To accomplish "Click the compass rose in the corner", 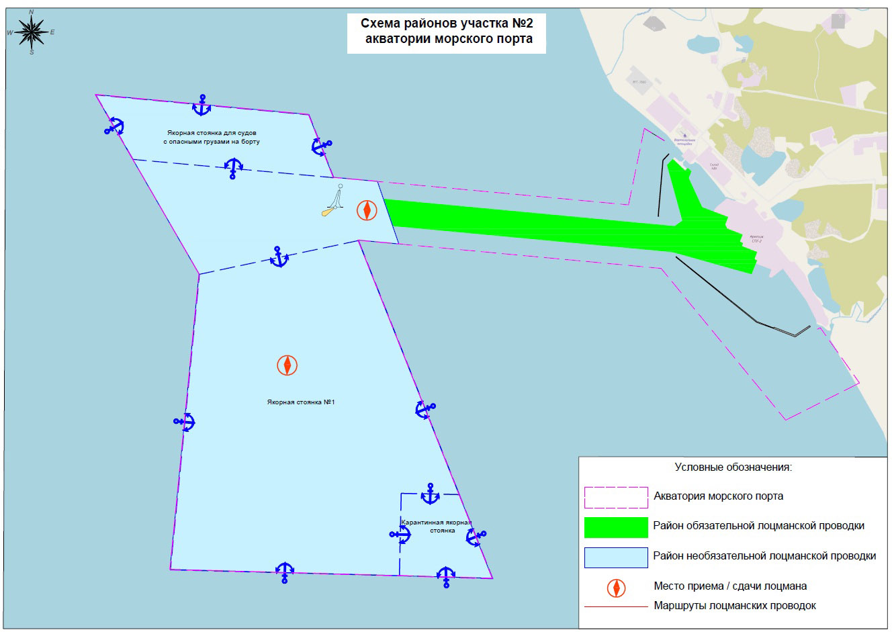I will click(x=32, y=32).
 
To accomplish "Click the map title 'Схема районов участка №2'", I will click(x=447, y=24).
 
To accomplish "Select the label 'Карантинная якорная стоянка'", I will click(x=437, y=526).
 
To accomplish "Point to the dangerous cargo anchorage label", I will click(x=211, y=138).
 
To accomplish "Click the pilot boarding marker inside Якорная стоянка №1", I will click(x=287, y=365).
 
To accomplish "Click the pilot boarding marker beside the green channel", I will click(x=367, y=210).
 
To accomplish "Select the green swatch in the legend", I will click(x=616, y=527).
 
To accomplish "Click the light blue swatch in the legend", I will click(x=616, y=557).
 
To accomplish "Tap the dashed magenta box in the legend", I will click(x=616, y=497).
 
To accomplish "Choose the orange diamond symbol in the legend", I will click(x=616, y=588).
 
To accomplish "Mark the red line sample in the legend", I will click(x=616, y=607).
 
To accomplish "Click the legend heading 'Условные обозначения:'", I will click(x=733, y=467).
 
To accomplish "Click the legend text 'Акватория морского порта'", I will click(x=718, y=497).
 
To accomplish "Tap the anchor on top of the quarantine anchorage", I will click(x=430, y=494).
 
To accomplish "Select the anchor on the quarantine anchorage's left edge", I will click(x=400, y=535).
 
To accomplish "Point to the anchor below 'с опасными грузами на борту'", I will click(x=232, y=168).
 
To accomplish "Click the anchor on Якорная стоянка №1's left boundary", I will click(x=184, y=421).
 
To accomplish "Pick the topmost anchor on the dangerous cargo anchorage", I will click(x=202, y=105).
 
